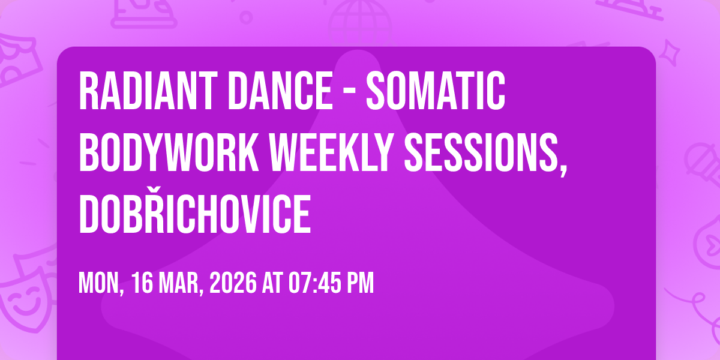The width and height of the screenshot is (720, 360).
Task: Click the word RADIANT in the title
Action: coord(146,91)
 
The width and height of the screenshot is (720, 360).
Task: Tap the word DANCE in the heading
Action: coord(280,91)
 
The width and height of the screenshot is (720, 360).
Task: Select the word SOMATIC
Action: coord(436,91)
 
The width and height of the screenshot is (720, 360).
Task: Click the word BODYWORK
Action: coord(169,152)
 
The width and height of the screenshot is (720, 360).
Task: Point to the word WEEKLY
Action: coord(331,152)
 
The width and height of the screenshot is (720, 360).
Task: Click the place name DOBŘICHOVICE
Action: coord(195,213)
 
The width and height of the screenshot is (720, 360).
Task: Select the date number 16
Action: coord(142,283)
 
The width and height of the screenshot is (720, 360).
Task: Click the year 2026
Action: coord(233,283)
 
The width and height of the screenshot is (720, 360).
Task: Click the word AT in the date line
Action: coord(272,283)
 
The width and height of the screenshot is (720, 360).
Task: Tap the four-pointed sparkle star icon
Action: coord(670,52)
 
